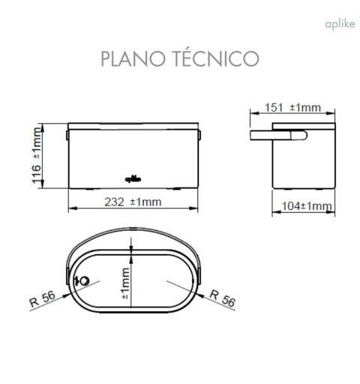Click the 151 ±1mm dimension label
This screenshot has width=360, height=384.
tap(293, 107)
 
